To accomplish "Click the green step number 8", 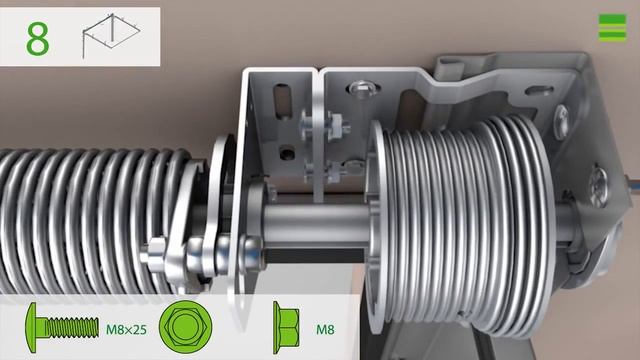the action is (38, 39).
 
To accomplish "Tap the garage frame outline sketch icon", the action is (111, 35).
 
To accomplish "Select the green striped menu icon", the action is (612, 27).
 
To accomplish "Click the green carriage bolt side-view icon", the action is (62, 327).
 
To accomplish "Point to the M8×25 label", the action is (126, 329).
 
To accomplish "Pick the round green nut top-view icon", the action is (185, 327).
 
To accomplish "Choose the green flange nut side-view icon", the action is (286, 327).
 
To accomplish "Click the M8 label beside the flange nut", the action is (325, 329).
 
